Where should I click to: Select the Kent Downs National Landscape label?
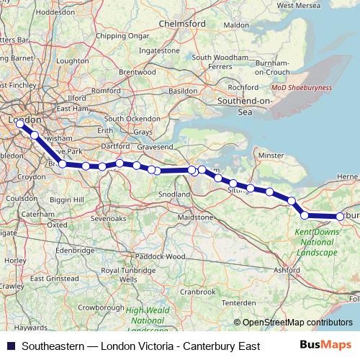(316, 243)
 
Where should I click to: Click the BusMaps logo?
(330, 346)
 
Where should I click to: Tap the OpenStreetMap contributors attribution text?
(297, 323)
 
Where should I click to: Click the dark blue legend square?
(10, 346)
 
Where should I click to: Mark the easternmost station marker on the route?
(340, 217)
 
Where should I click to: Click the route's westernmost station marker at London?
(19, 124)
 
